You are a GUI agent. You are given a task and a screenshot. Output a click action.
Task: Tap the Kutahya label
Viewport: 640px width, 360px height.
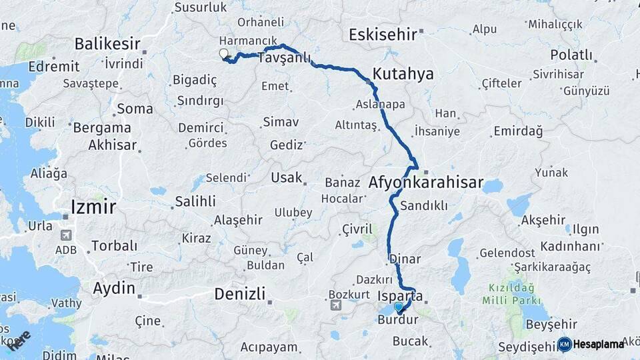403,73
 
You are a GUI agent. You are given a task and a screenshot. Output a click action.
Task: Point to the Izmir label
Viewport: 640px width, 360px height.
93,207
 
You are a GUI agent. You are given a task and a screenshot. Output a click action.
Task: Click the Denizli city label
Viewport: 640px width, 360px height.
240,293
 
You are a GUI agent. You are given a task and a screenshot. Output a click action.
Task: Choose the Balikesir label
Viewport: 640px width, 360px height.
107,44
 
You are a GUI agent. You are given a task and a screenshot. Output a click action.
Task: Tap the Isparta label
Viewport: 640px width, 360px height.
405,296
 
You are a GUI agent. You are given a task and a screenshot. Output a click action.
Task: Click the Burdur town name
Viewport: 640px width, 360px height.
397,320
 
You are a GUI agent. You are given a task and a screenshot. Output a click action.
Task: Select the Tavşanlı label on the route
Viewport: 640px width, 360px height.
283,59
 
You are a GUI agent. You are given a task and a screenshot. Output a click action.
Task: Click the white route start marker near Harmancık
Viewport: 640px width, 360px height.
223,55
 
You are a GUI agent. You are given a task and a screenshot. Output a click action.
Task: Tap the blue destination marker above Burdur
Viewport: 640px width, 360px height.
399,307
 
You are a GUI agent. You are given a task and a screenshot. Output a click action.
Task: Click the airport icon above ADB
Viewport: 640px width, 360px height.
65,235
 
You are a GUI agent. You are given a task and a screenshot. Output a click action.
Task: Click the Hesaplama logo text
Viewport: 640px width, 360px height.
597,344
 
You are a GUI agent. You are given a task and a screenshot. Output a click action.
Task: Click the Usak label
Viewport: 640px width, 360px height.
286,178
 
